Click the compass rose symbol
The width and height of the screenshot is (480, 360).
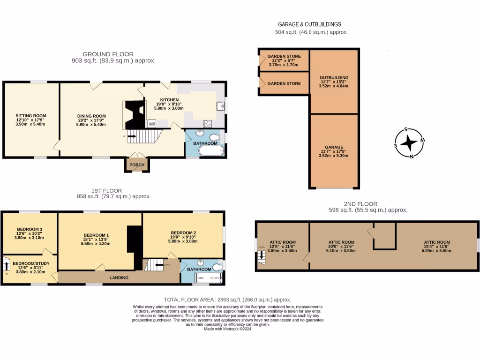[410, 143]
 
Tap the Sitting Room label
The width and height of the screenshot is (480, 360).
[31, 115]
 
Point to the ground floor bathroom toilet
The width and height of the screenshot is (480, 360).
[214, 137]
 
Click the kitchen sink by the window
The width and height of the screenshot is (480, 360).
[219, 106]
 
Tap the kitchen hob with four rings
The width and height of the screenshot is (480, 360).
[207, 124]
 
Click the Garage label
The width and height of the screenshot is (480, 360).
[334, 147]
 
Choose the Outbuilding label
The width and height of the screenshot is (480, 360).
[334, 77]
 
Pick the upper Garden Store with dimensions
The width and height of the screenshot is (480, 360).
[284, 56]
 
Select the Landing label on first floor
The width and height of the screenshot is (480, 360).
[119, 277]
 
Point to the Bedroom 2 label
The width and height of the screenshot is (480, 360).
[183, 233]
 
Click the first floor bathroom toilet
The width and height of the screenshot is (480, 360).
[216, 267]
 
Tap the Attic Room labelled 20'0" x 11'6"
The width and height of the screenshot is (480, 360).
[341, 242]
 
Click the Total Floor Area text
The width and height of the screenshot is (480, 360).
[227, 300]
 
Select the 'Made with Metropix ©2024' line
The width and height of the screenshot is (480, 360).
[228, 329]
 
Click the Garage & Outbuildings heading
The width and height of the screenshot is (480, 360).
[309, 24]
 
